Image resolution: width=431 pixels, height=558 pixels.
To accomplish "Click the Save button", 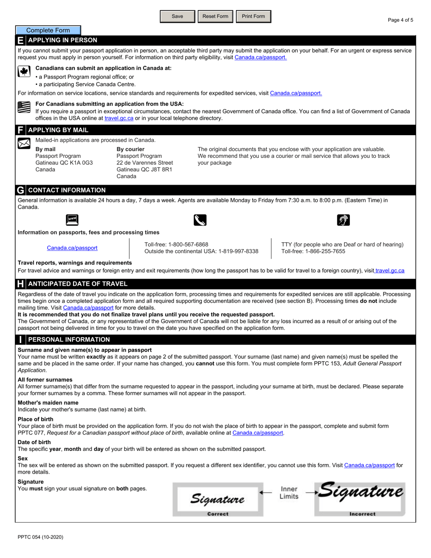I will pos(177,16).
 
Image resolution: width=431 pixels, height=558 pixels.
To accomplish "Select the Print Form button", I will pos(253,16).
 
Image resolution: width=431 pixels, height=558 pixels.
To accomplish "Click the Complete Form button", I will pos(48,30).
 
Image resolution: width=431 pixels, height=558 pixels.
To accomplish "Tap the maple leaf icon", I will pos(23,72).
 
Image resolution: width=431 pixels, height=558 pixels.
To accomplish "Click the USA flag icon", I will pos(23,107).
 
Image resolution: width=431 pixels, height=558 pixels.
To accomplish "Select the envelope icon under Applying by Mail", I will pos(24,143).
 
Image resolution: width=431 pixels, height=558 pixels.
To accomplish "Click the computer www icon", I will pos(72,220).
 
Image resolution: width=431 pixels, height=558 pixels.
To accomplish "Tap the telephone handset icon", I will pos(200,220).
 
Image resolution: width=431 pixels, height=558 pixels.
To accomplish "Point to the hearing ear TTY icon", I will pos(343,220).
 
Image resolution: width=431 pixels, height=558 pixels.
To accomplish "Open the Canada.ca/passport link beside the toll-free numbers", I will pos(72,248).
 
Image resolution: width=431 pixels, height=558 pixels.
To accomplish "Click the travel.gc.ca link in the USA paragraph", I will pos(119,118).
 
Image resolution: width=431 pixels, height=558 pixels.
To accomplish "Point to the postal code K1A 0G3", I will pos(81,162).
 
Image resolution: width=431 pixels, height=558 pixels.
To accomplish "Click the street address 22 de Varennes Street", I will pos(145,162).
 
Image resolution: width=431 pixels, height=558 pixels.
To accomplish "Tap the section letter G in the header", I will pos(20,190).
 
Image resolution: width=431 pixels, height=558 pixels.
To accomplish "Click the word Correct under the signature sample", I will pos(218,514).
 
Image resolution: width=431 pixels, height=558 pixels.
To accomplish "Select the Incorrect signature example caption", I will pos(362,514).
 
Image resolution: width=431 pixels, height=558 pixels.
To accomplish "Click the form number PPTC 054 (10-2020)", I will pos(41,537).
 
